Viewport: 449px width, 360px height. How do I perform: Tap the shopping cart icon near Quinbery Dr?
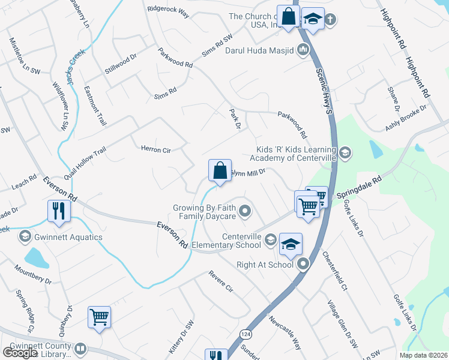click(x=99, y=317)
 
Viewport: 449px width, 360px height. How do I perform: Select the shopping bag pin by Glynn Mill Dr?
click(x=220, y=170)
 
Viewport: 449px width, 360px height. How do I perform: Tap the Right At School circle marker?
click(x=304, y=263)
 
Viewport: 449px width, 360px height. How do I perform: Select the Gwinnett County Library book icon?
click(x=80, y=349)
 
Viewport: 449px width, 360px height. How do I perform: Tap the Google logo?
click(x=20, y=353)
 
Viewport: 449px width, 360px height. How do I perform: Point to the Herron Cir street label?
click(x=156, y=149)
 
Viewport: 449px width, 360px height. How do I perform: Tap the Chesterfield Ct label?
click(x=334, y=263)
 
